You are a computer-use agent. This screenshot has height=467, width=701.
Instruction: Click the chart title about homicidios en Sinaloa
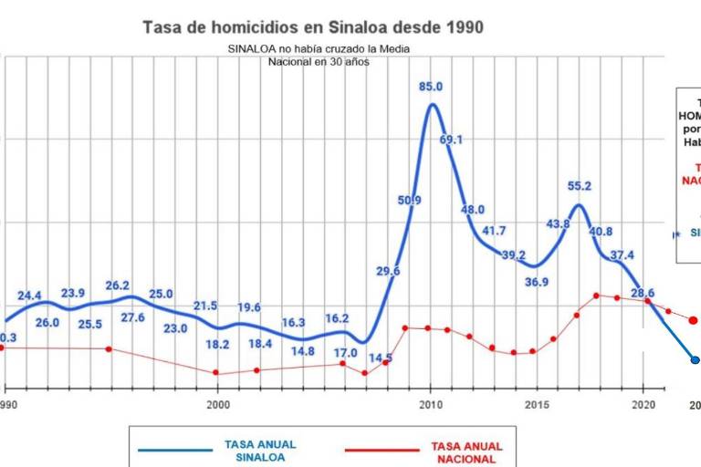[x=313, y=27]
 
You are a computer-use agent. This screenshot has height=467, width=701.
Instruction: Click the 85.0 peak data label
[x=431, y=87]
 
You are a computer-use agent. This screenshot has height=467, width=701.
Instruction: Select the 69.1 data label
[x=452, y=140]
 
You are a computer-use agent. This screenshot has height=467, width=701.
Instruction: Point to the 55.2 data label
[x=580, y=186]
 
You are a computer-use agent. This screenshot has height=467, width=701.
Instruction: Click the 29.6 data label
[x=388, y=271]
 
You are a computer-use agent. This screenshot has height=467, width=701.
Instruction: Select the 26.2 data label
[x=118, y=285]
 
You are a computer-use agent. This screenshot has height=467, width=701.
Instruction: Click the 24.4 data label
[x=29, y=296]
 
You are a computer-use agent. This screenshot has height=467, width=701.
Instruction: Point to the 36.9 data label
[x=537, y=282]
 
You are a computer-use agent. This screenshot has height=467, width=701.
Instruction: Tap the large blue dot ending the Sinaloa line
[x=695, y=360]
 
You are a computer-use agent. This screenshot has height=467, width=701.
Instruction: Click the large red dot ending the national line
[x=693, y=320]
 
